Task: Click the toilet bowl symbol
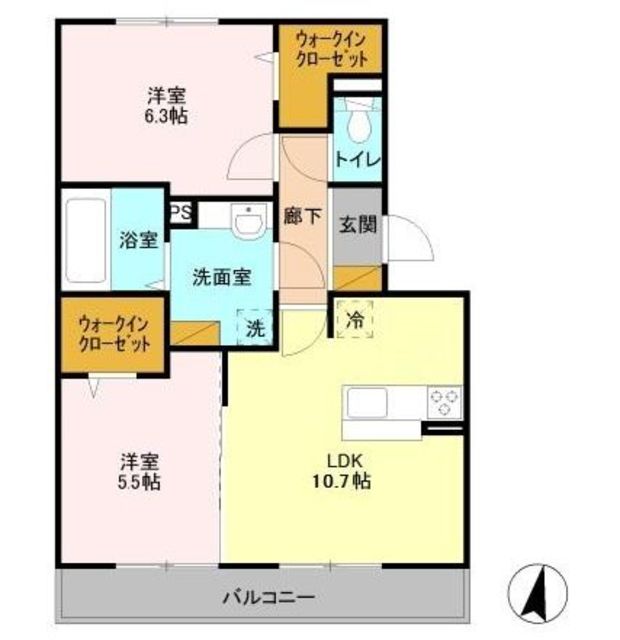coord(358,121)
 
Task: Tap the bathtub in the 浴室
coord(86,240)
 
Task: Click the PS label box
coord(180,212)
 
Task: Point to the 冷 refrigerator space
coord(355,320)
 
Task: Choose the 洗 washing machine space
coord(255,328)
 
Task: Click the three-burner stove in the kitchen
coord(444,402)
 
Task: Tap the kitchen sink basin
coord(367,402)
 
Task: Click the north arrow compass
coord(538,593)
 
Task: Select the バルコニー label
coord(269,598)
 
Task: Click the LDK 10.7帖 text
coord(342,471)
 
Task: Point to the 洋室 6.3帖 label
coord(167,106)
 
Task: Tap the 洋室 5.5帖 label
coord(139,472)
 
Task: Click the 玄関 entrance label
coord(358,224)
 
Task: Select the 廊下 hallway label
coord(303,216)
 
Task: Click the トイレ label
coord(357,159)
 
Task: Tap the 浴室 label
coord(139,240)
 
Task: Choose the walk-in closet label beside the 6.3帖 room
coord(331,49)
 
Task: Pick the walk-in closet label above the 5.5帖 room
coord(114,334)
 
